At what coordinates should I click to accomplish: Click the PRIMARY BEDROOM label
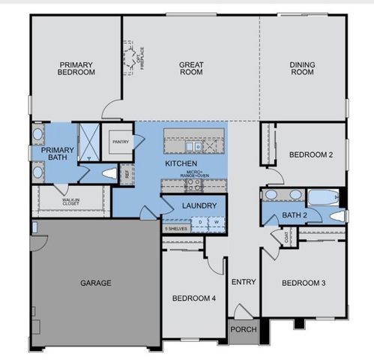click(x=76, y=69)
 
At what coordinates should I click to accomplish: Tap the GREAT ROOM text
click(x=192, y=69)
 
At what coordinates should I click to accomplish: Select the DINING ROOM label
click(x=302, y=69)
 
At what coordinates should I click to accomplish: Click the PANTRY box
click(x=120, y=142)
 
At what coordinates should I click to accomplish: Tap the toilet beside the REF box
click(x=109, y=173)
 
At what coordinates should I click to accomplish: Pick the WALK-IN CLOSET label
click(x=72, y=202)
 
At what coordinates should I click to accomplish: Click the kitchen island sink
click(x=194, y=136)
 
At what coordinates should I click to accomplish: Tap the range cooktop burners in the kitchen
click(x=193, y=183)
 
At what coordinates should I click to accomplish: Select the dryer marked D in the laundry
click(x=200, y=222)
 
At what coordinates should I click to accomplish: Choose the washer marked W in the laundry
click(x=215, y=222)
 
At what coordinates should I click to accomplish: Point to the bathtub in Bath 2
click(x=325, y=198)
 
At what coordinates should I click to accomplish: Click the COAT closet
click(x=287, y=237)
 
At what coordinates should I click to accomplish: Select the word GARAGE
click(x=96, y=283)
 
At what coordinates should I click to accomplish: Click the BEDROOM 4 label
click(x=194, y=298)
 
